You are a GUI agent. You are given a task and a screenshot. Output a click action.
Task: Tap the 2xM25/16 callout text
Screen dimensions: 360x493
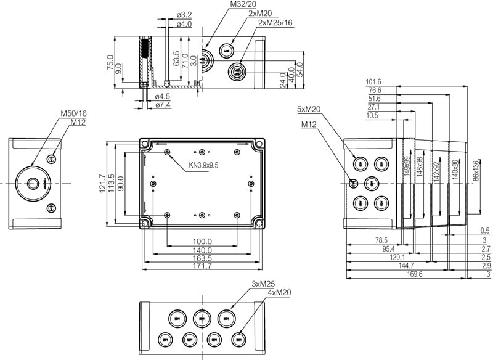click(275, 22)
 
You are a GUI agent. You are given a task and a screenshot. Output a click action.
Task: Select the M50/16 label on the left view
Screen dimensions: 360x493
click(73, 113)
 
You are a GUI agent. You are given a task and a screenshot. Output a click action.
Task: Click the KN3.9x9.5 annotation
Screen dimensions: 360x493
click(204, 165)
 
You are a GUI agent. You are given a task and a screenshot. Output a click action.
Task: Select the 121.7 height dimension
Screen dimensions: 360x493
click(104, 183)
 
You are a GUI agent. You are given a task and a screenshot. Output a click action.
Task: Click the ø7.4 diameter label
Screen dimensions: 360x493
click(163, 105)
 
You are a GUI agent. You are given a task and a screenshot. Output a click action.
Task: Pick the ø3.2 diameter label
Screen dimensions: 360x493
click(184, 15)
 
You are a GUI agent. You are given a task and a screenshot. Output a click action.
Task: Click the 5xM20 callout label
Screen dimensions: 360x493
click(309, 110)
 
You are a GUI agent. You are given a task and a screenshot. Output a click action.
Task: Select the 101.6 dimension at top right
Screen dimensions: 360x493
click(373, 81)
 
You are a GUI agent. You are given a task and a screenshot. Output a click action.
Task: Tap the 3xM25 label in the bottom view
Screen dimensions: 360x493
click(263, 284)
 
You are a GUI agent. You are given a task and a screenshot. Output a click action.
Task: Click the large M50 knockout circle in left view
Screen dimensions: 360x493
click(32, 182)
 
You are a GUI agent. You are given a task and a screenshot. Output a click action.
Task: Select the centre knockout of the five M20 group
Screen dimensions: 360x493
click(371, 183)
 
